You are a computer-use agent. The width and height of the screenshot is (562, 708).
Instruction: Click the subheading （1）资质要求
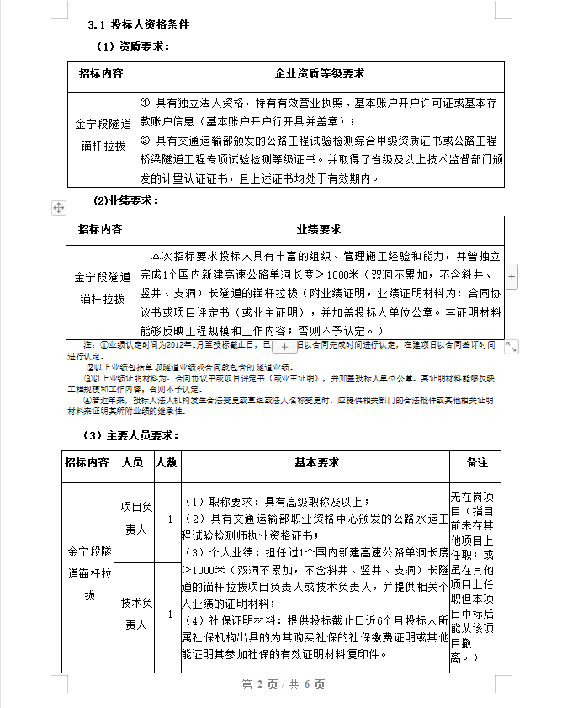point(132,46)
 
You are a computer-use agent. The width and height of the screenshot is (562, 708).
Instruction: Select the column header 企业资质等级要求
point(320,73)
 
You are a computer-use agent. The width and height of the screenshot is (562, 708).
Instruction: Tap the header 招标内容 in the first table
point(101,73)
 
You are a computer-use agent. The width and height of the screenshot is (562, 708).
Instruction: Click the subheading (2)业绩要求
point(125,200)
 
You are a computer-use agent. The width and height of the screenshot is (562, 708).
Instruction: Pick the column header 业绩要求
point(319,229)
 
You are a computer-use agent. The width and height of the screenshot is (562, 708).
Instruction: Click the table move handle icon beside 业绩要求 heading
point(59,207)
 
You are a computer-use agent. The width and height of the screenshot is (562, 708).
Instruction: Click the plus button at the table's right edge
point(512,276)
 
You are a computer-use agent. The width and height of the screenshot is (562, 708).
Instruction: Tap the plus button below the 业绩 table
point(284,346)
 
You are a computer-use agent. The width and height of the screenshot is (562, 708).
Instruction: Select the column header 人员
point(132,462)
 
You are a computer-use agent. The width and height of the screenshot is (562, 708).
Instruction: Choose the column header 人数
point(167,462)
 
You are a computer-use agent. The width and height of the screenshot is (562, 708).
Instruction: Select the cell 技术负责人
point(135,614)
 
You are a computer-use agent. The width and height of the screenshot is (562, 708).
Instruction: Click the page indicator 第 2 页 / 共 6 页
point(284,684)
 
